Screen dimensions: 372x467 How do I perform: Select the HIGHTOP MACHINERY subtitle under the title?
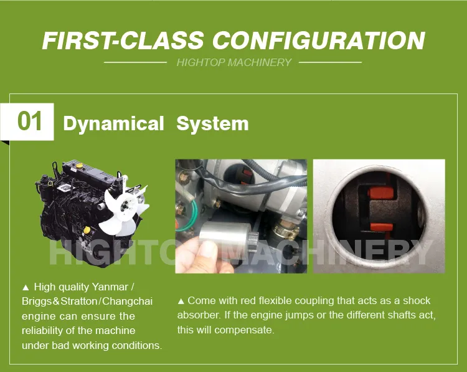[x=233, y=62]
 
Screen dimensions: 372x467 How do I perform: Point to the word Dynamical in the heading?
[x=113, y=123]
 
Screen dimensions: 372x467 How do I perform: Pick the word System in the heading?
[x=212, y=123]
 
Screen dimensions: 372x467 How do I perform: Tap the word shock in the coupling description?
[x=417, y=300]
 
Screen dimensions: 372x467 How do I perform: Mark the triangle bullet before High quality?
[x=26, y=287]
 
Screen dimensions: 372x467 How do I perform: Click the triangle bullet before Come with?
[x=181, y=300]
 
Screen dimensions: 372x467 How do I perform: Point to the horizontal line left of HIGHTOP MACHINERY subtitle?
[x=135, y=62]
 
